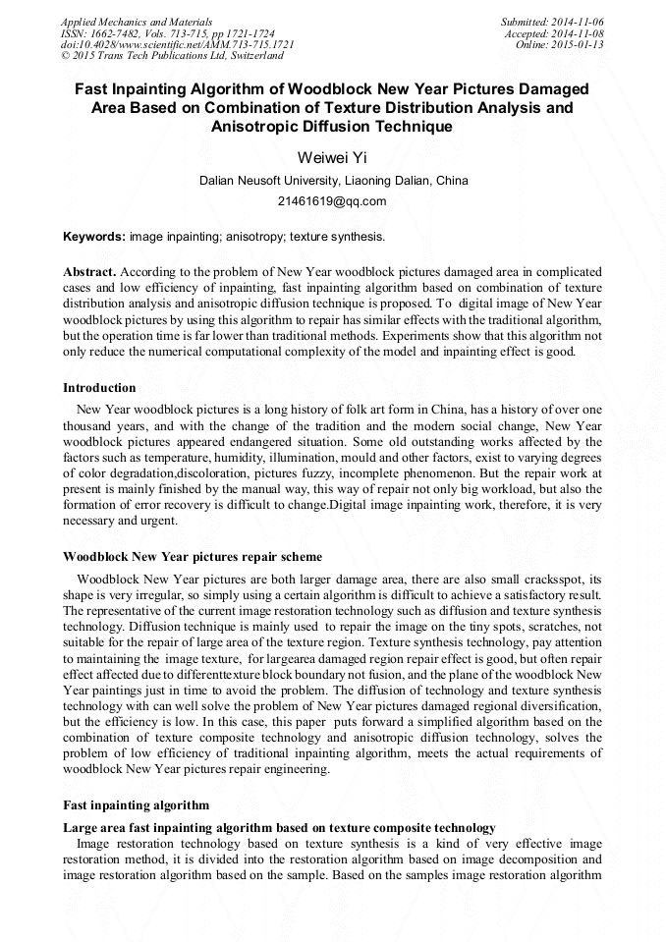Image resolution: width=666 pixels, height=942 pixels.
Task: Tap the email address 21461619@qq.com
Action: [333, 201]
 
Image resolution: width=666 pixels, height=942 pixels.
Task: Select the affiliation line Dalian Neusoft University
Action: [333, 181]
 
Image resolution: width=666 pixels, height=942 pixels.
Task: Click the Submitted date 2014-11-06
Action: [553, 22]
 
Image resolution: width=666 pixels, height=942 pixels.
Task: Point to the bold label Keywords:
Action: [94, 237]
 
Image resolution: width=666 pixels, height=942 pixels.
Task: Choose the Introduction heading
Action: [99, 388]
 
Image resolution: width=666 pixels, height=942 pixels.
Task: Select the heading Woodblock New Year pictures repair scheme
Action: [192, 557]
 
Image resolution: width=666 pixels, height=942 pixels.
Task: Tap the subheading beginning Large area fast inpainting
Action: [278, 828]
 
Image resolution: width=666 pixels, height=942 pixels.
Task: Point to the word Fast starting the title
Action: [95, 88]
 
